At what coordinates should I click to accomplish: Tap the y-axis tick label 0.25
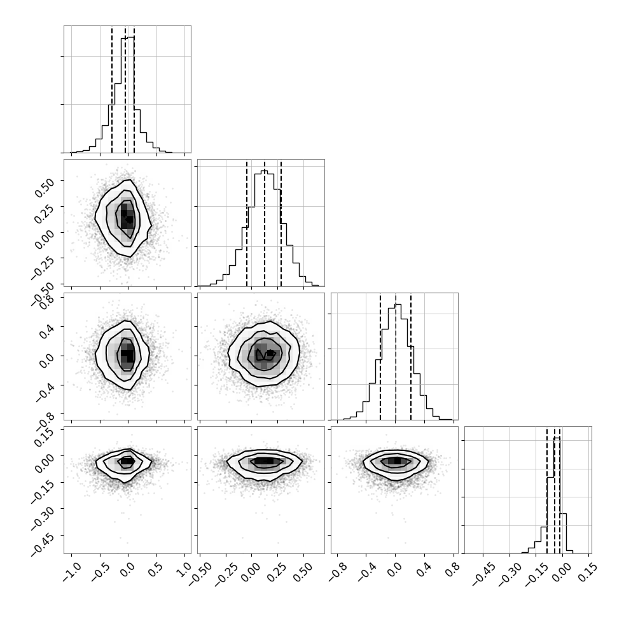pos(44,213)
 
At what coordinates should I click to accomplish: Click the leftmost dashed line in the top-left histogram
pos(112,89)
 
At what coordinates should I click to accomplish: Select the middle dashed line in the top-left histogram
pos(125,89)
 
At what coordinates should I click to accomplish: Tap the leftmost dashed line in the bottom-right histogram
pos(547,490)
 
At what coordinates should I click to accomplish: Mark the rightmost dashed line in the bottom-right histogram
pos(560,490)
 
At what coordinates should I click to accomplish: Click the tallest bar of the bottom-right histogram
pos(557,496)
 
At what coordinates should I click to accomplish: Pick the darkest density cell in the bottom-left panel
pos(127,461)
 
